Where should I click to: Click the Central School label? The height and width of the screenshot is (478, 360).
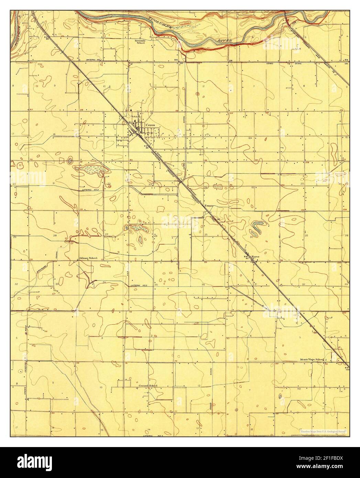pyautogui.click(x=148, y=385)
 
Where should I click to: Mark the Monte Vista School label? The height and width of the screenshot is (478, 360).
pyautogui.click(x=310, y=360)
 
